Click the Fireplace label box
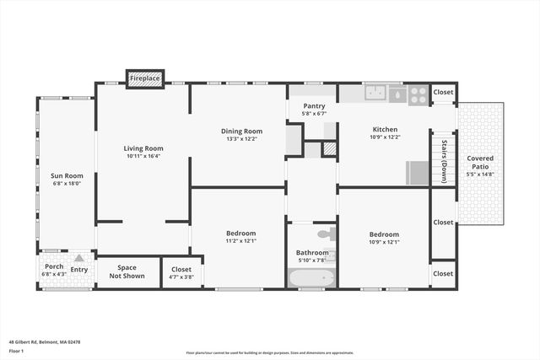pyautogui.click(x=144, y=78)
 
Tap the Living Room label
pyautogui.click(x=143, y=148)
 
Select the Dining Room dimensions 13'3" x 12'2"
pyautogui.click(x=241, y=140)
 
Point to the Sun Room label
pyautogui.click(x=67, y=175)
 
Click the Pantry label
pyautogui.click(x=313, y=105)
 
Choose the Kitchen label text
pyautogui.click(x=385, y=129)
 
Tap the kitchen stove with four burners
pyautogui.click(x=418, y=94)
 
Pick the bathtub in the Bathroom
pyautogui.click(x=311, y=277)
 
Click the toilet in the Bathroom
pyautogui.click(x=326, y=234)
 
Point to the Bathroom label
pyautogui.click(x=311, y=252)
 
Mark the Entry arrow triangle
pyautogui.click(x=79, y=258)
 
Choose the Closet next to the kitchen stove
pyautogui.click(x=443, y=92)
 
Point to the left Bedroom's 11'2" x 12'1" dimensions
pyautogui.click(x=240, y=241)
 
